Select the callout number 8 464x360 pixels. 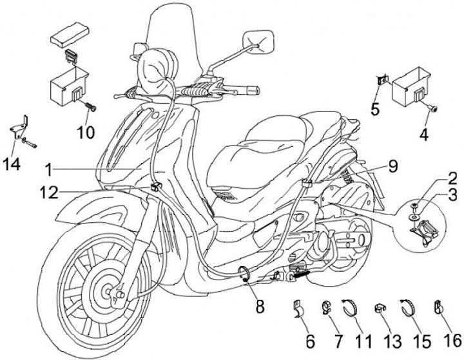[259, 307]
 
